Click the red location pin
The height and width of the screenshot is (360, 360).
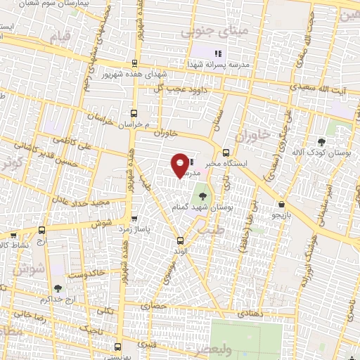click(x=181, y=166)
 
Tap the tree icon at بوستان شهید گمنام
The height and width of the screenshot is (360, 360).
click(x=203, y=197)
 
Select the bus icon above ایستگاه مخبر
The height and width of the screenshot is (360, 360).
click(x=225, y=153)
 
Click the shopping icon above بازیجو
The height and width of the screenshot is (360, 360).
click(x=281, y=204)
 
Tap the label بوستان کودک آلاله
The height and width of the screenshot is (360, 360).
click(x=333, y=153)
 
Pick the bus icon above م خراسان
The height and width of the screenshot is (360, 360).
click(x=134, y=112)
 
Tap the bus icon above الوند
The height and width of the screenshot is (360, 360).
click(x=181, y=240)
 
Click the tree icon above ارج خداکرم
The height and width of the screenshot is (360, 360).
click(x=57, y=288)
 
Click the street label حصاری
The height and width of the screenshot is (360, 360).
click(x=152, y=306)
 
